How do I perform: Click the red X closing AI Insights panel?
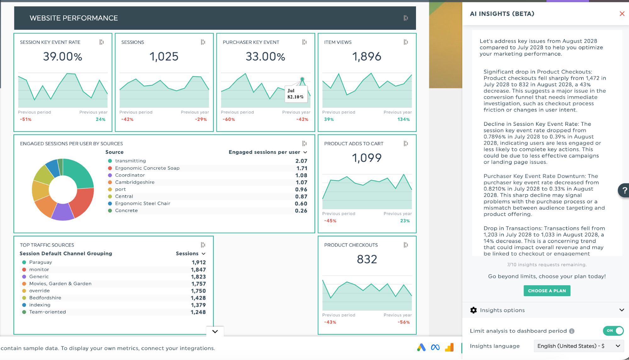622,14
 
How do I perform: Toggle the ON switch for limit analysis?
613,331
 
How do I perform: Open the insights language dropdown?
578,346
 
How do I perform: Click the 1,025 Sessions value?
164,57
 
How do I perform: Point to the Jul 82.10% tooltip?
295,94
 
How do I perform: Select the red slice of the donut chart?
82,202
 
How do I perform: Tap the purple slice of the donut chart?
62,212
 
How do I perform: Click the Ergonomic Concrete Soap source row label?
147,168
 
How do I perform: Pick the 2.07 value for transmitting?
301,161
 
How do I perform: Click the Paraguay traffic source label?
41,262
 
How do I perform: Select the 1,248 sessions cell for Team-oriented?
198,312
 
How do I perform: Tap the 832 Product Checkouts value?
367,259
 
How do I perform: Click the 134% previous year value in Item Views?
403,119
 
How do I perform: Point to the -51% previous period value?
26,119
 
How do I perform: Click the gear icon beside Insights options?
473,310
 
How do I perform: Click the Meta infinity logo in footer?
435,347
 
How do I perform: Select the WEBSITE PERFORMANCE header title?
74,18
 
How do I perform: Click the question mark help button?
624,190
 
